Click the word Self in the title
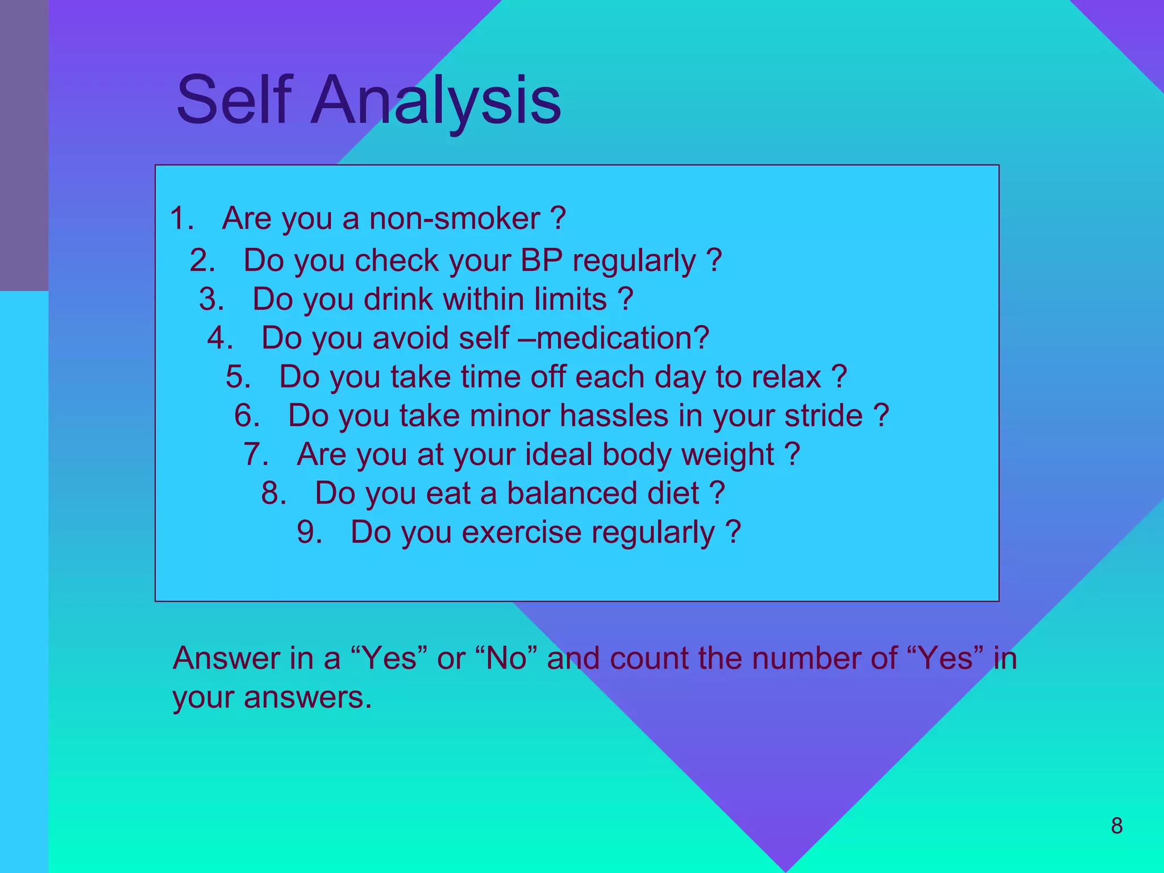[234, 100]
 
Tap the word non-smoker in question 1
[454, 219]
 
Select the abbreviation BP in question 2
[541, 261]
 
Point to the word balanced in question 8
[602, 493]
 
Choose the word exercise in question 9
[521, 533]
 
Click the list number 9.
[309, 533]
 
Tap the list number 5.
[238, 377]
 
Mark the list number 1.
[181, 219]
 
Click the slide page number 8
[1116, 826]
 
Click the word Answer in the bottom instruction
[226, 659]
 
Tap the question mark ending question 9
[733, 533]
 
